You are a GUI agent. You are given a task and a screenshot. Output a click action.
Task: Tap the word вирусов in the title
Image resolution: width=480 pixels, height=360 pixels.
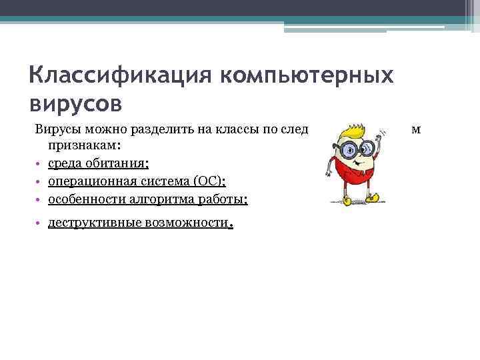pyautogui.click(x=76, y=103)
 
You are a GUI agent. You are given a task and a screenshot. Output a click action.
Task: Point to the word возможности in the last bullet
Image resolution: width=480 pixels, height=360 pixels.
pyautogui.click(x=182, y=223)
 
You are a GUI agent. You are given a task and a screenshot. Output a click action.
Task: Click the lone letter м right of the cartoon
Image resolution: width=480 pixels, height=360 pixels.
pyautogui.click(x=415, y=129)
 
